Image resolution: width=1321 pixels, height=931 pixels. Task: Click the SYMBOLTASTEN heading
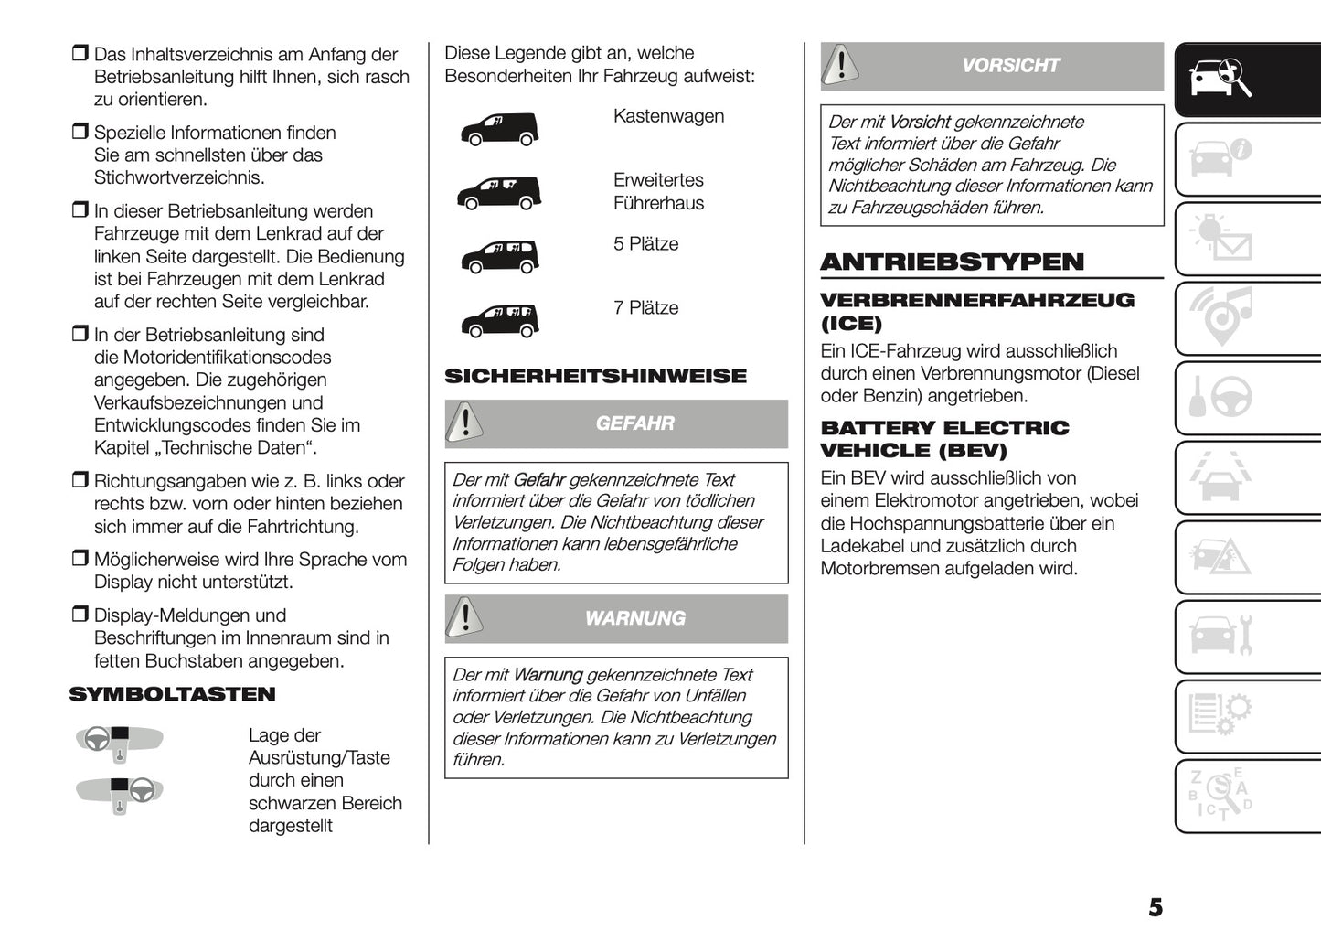(172, 694)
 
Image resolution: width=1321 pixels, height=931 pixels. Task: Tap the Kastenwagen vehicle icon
(498, 129)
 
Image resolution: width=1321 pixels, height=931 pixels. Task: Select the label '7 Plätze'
(645, 308)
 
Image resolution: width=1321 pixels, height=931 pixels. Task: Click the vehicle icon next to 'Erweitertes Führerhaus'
(498, 193)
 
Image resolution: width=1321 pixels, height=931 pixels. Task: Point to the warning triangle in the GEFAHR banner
(466, 423)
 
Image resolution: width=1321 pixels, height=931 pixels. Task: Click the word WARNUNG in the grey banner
(634, 618)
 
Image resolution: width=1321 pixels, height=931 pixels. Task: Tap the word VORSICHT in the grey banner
(1009, 66)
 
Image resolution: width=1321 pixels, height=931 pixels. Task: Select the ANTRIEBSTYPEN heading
(952, 262)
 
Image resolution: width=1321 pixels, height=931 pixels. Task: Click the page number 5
(1156, 907)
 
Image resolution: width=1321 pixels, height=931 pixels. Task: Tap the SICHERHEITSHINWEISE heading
(595, 376)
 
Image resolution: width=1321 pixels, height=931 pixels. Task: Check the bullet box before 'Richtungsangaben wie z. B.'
(80, 480)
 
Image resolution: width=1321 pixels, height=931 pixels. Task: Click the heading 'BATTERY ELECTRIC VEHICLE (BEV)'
(944, 439)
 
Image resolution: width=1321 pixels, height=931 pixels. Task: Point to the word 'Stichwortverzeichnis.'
(179, 177)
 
